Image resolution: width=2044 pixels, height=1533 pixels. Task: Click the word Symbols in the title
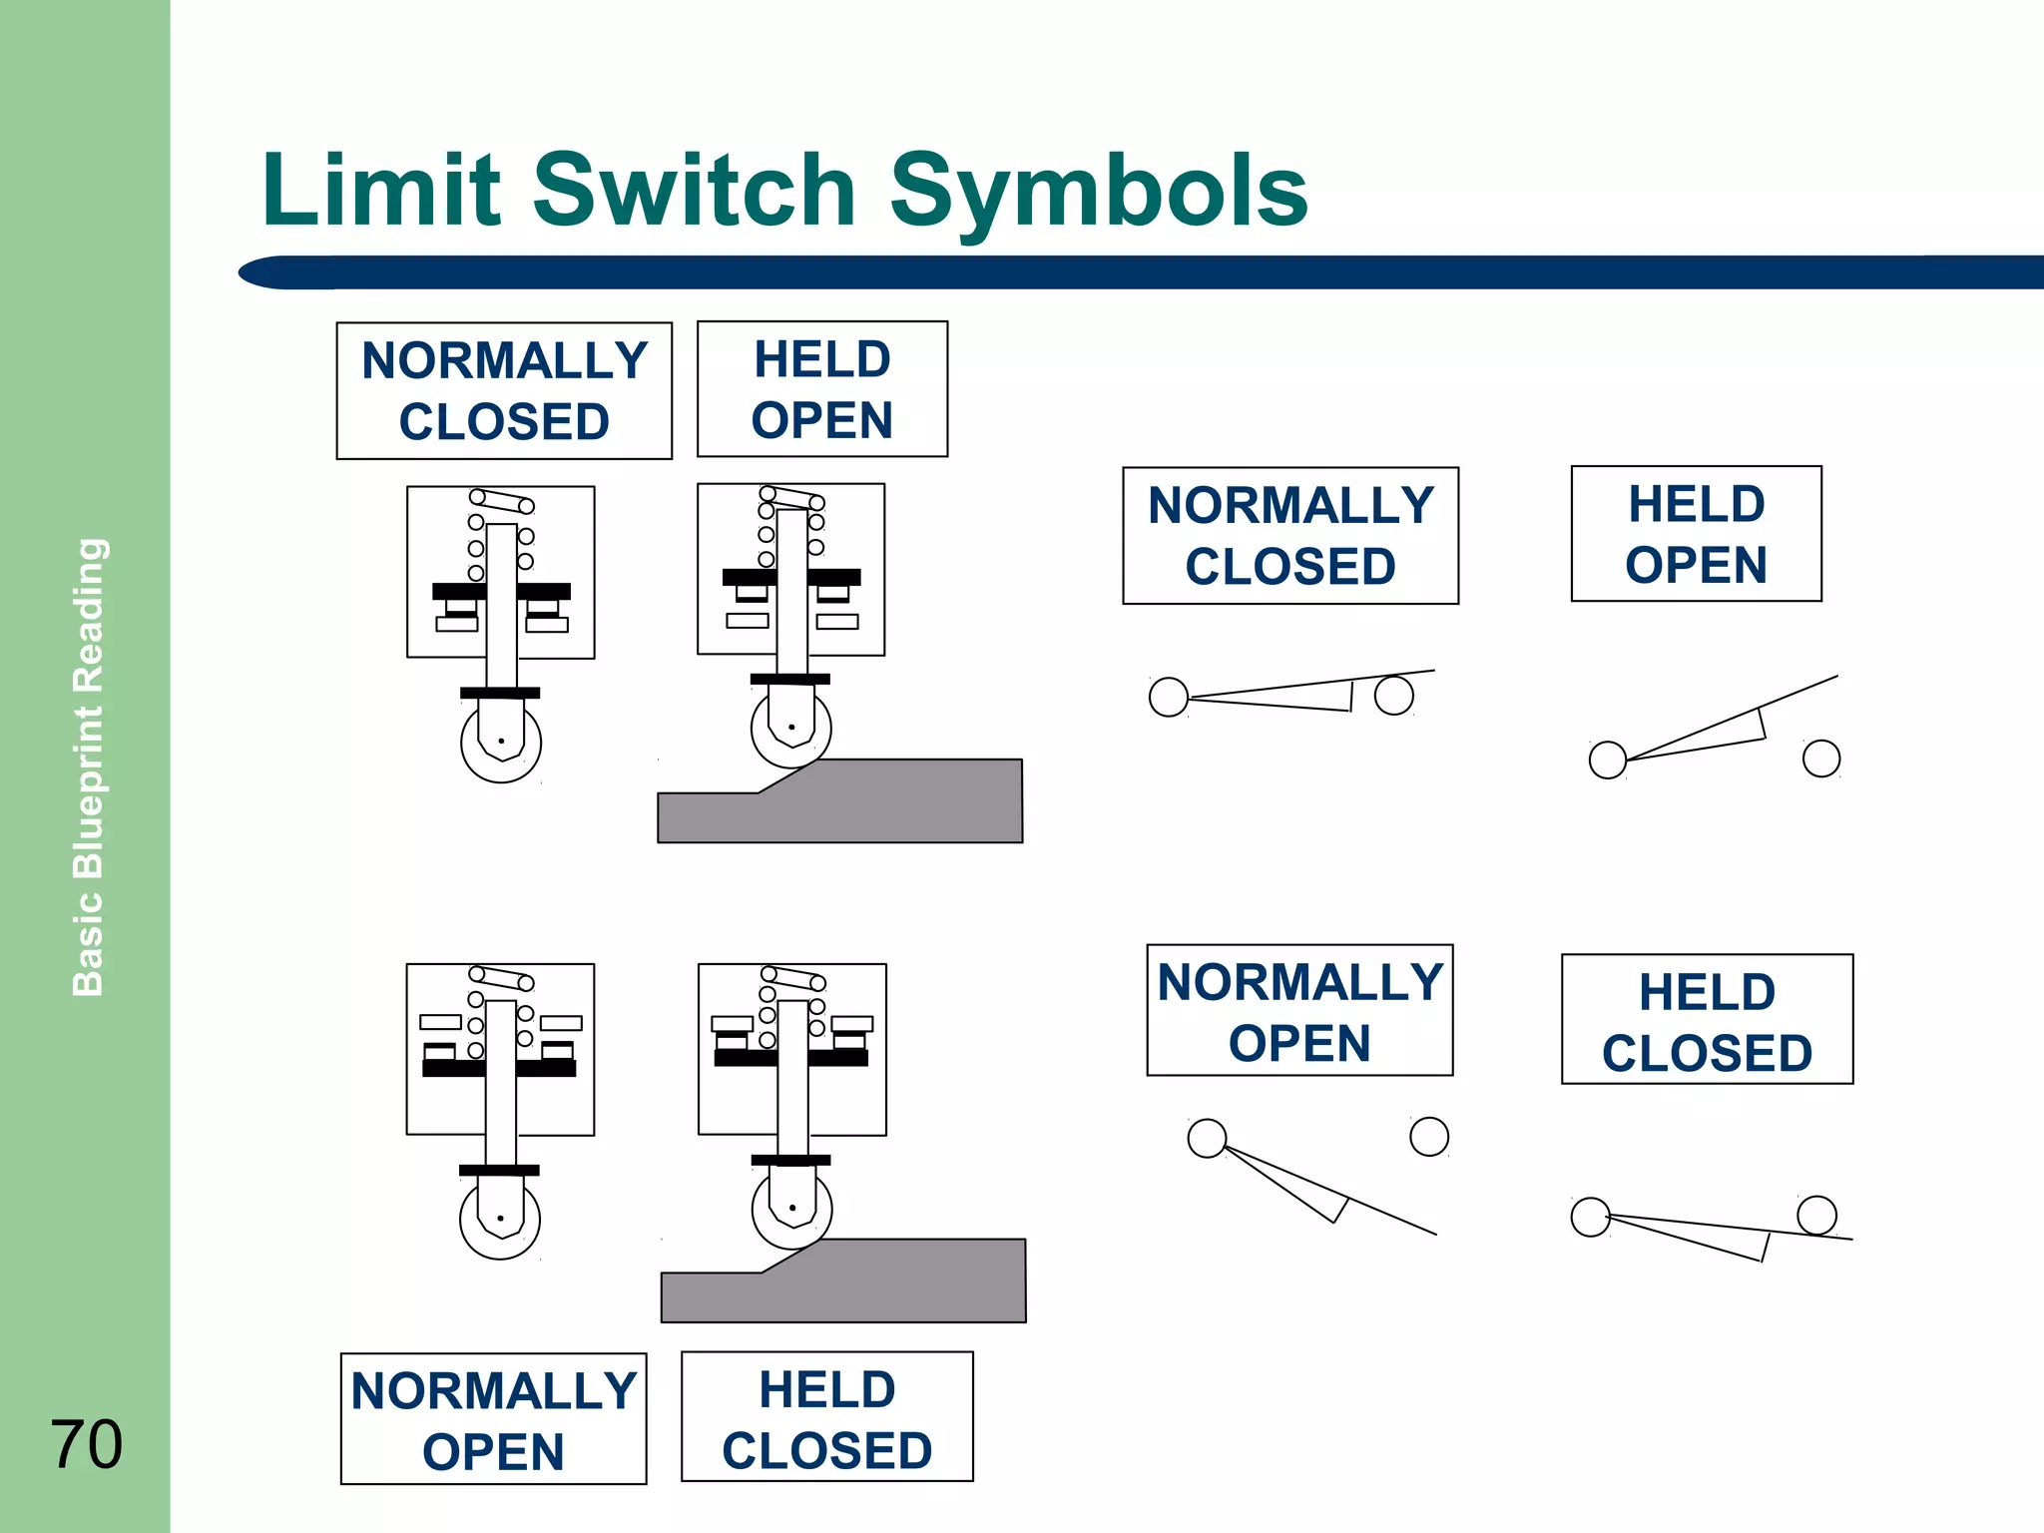click(x=1098, y=192)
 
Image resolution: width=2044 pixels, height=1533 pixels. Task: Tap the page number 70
click(x=87, y=1443)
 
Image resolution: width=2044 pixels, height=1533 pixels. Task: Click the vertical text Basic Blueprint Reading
click(x=89, y=766)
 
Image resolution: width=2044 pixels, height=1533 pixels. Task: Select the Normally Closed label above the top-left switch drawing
click(x=504, y=390)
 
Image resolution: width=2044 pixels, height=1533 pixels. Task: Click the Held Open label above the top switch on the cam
click(x=821, y=389)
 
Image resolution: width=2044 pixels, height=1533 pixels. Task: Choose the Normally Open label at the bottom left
click(x=493, y=1419)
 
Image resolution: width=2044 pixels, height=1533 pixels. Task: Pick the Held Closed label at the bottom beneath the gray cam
click(x=826, y=1417)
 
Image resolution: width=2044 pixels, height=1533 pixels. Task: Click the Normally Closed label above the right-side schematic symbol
click(x=1289, y=536)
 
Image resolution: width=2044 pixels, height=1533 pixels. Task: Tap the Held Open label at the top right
click(x=1696, y=534)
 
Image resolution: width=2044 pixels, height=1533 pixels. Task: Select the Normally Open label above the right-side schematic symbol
click(x=1299, y=1011)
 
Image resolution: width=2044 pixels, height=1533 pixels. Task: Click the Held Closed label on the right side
click(x=1707, y=1020)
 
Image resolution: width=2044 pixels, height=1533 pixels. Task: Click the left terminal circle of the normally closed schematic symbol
click(x=1168, y=697)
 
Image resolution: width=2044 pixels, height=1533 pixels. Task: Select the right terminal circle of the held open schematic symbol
click(x=1821, y=759)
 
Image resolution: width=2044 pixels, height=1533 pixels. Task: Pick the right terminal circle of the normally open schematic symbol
click(x=1429, y=1136)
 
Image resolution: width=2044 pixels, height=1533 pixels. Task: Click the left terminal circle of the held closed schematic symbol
click(x=1590, y=1217)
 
